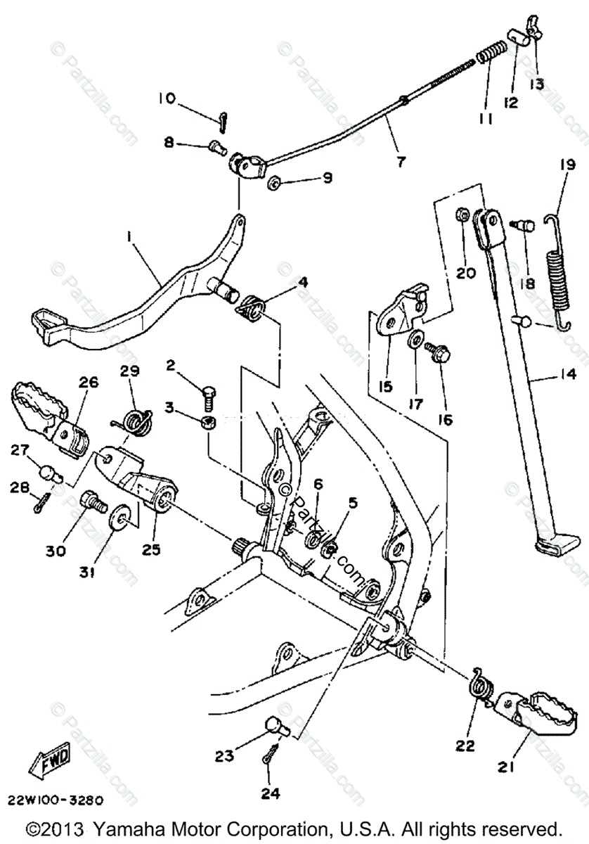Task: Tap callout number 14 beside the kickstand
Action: pos(560,374)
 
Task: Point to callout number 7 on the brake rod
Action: pos(400,161)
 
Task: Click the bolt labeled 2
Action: pos(210,395)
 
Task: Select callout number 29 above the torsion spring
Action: pos(130,370)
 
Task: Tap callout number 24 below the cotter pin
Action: pos(271,793)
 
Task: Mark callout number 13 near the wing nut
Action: pos(536,84)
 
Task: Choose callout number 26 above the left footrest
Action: pos(89,383)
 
